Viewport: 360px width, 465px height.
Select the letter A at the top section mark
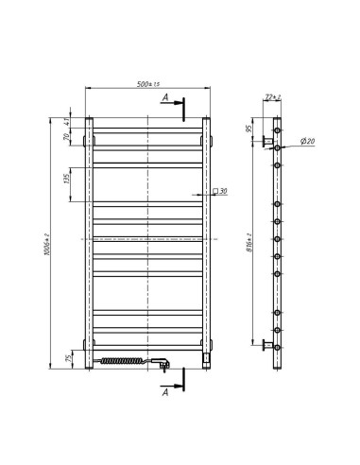[x=166, y=97]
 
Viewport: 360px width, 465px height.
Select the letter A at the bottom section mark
[x=166, y=389]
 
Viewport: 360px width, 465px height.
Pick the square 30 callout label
[x=219, y=192]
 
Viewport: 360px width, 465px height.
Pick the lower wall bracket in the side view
[x=267, y=344]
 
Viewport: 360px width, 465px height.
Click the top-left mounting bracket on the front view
[x=84, y=142]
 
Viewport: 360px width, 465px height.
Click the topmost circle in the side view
[x=277, y=129]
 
